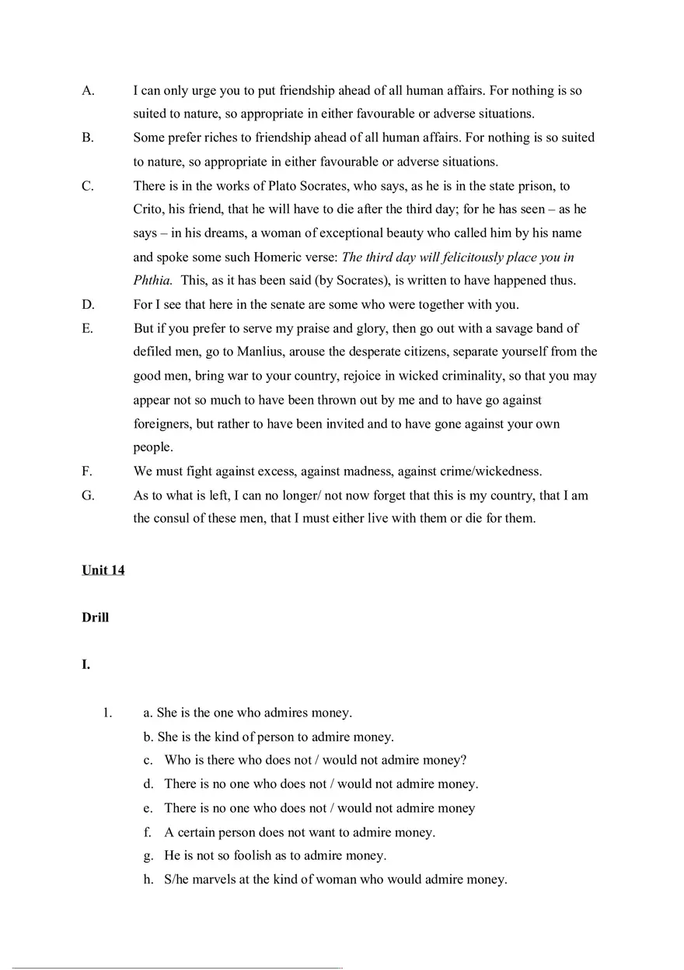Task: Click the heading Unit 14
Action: [103, 570]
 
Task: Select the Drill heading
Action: [95, 618]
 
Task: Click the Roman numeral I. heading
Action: [85, 665]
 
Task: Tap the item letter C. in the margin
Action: [88, 186]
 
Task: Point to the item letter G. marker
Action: [88, 496]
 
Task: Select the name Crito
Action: [148, 209]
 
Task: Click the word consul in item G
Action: [173, 519]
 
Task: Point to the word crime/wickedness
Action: [494, 471]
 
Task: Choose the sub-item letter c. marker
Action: [148, 761]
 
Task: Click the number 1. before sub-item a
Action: [107, 713]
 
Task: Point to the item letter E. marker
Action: [87, 328]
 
